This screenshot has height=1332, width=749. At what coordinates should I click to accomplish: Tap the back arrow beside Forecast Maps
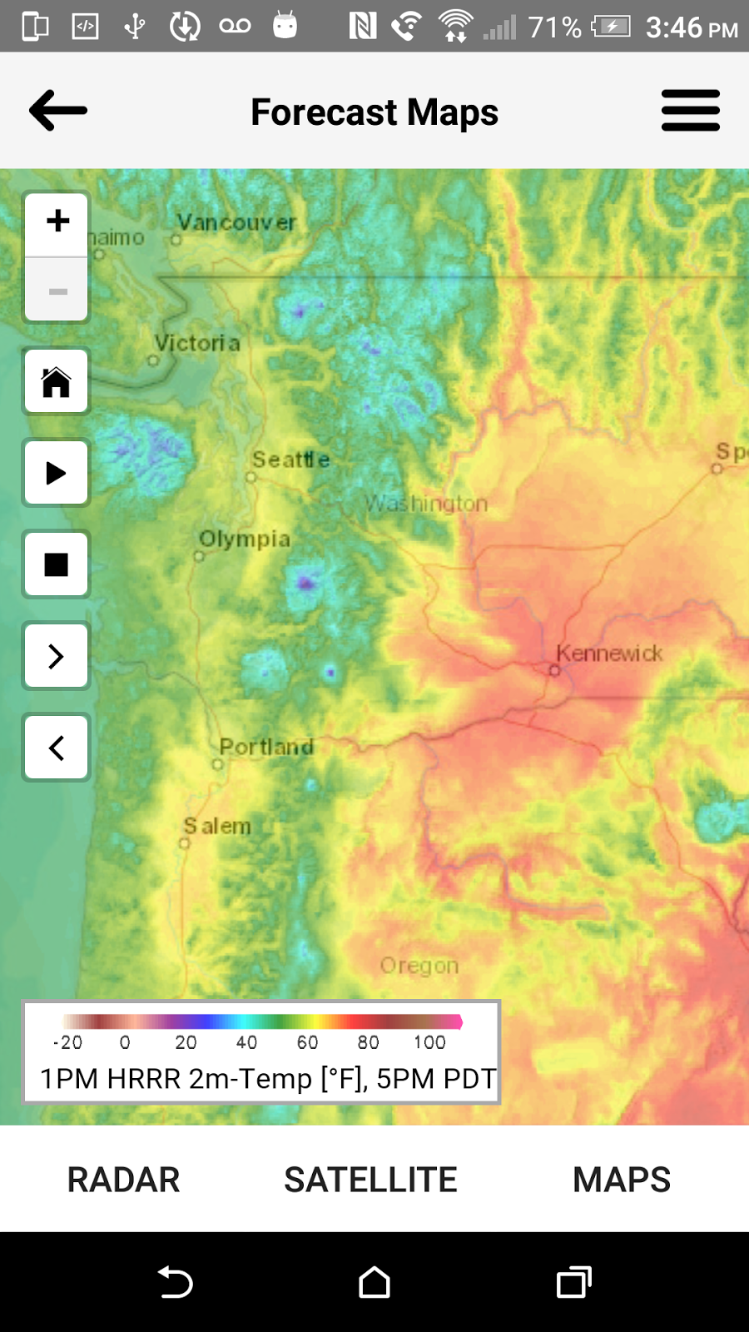pyautogui.click(x=58, y=111)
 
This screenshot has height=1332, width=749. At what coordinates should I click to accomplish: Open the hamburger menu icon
pyautogui.click(x=690, y=111)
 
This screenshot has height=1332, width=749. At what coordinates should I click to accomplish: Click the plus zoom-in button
pyautogui.click(x=57, y=221)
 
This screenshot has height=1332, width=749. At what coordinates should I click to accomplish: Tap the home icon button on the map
pyautogui.click(x=57, y=382)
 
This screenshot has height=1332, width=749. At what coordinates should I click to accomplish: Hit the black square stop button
pyautogui.click(x=57, y=564)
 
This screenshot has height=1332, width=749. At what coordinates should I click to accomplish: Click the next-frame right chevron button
pyautogui.click(x=57, y=656)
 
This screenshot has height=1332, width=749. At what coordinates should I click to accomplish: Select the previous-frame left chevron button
pyautogui.click(x=57, y=748)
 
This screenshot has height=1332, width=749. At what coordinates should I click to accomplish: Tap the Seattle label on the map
pyautogui.click(x=291, y=460)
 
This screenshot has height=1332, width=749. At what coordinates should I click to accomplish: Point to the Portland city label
pyautogui.click(x=266, y=747)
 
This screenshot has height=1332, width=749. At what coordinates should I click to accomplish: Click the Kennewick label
pyautogui.click(x=609, y=654)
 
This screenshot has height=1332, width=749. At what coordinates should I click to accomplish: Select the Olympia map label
pyautogui.click(x=245, y=539)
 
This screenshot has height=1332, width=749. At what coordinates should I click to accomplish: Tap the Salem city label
pyautogui.click(x=217, y=827)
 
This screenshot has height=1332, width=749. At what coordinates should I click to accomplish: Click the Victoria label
pyautogui.click(x=197, y=343)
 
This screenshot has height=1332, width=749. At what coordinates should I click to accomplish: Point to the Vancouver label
pyautogui.click(x=236, y=222)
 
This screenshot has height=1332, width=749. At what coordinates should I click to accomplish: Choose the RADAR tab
pyautogui.click(x=123, y=1180)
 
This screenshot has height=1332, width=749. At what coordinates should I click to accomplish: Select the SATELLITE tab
pyautogui.click(x=370, y=1180)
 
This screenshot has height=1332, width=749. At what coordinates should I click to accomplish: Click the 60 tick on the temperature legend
pyautogui.click(x=307, y=1042)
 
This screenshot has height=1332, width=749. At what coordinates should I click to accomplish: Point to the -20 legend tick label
pyautogui.click(x=67, y=1042)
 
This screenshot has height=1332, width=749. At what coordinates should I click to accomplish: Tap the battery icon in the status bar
pyautogui.click(x=612, y=27)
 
